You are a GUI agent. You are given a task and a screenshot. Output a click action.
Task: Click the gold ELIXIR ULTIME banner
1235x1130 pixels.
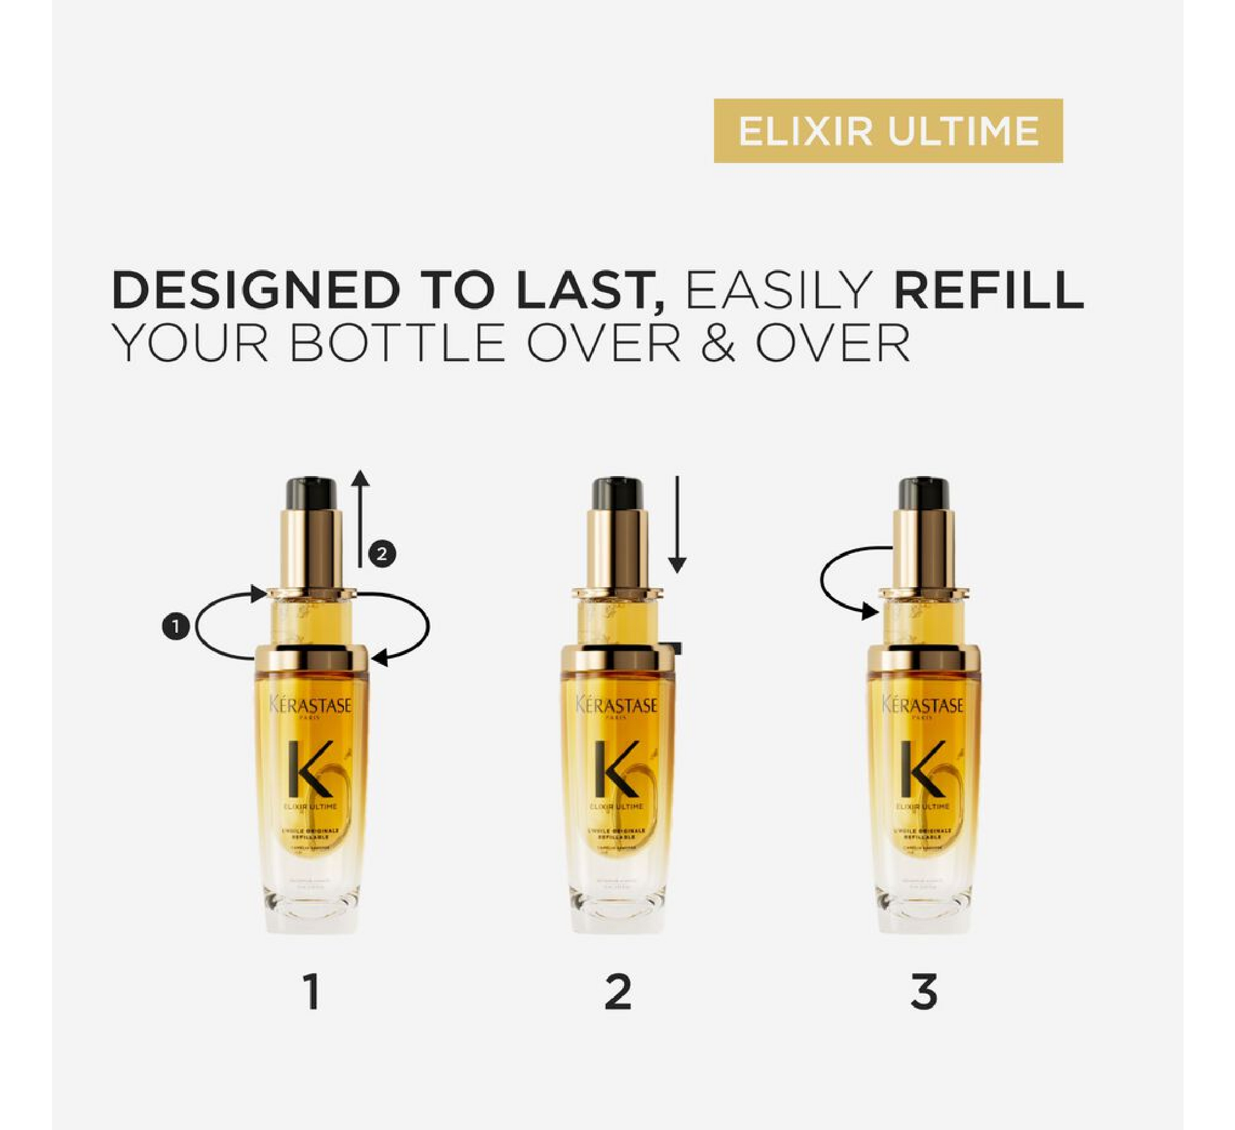[888, 131]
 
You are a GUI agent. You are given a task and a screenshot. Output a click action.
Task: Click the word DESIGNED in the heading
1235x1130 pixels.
[256, 289]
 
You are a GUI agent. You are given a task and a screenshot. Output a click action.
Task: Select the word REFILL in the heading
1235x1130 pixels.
[988, 289]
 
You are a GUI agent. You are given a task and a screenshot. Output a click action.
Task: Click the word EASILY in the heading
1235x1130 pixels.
[778, 289]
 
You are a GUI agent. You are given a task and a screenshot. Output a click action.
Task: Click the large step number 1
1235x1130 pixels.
[312, 993]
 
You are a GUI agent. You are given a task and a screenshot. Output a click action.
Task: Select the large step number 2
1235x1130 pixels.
[617, 993]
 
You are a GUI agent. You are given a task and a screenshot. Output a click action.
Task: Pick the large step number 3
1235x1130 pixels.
[924, 993]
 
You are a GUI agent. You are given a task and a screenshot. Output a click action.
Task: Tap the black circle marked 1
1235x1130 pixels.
[176, 627]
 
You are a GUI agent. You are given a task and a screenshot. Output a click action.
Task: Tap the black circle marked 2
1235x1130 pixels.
[382, 554]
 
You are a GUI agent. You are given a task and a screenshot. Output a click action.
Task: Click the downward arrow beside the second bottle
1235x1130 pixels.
[677, 523]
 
